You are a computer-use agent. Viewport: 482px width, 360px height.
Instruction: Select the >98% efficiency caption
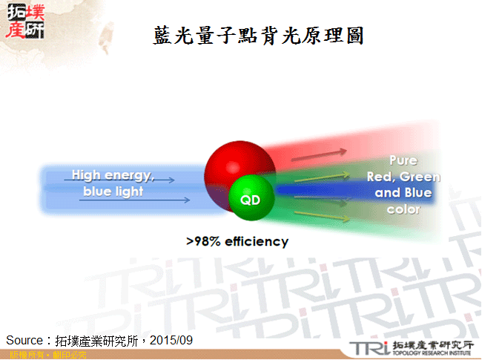click(237, 241)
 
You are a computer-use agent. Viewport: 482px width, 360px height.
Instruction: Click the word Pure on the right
click(403, 160)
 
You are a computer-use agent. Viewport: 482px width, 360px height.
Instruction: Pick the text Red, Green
click(403, 177)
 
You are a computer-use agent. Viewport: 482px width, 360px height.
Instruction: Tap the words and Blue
click(403, 193)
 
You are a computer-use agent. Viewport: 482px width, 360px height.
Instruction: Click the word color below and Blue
click(403, 209)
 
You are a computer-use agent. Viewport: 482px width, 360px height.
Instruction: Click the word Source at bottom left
click(23, 340)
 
